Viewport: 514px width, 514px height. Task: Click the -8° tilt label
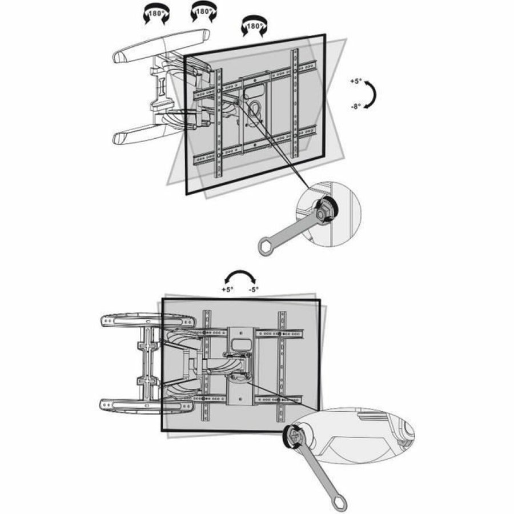(x=355, y=106)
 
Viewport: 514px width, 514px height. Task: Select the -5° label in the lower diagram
(x=254, y=290)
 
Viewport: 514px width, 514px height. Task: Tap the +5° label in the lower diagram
(x=228, y=290)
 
